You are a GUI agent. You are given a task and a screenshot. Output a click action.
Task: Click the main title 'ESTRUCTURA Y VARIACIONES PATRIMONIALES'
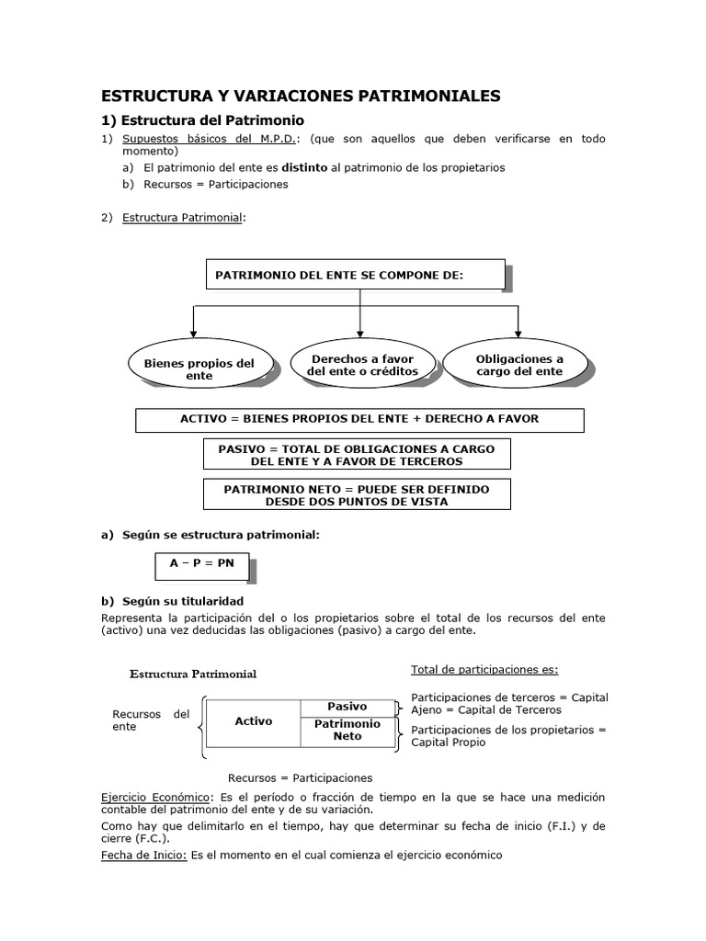click(301, 96)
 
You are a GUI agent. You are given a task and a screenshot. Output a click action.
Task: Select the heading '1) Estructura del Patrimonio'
click(201, 120)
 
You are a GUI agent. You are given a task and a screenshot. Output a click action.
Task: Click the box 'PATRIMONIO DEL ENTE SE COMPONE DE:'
click(353, 275)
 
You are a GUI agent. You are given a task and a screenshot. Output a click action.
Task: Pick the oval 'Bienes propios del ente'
click(199, 368)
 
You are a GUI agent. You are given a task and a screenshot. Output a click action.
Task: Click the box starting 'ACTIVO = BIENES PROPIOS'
click(359, 419)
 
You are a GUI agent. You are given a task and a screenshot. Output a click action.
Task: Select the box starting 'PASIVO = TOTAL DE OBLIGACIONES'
click(357, 454)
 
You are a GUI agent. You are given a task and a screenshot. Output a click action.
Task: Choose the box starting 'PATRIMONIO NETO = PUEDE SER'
click(357, 495)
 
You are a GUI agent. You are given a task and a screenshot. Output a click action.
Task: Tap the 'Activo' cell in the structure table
click(253, 721)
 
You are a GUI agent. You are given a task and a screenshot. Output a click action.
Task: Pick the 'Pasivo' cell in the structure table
click(347, 707)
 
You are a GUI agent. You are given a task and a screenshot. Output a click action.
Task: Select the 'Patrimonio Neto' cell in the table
click(347, 730)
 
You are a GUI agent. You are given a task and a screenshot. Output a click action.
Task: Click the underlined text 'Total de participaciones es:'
click(484, 669)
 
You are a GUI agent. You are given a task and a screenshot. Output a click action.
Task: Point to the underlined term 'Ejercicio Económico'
click(155, 797)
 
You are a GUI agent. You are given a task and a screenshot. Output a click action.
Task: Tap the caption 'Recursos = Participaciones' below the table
click(300, 777)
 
